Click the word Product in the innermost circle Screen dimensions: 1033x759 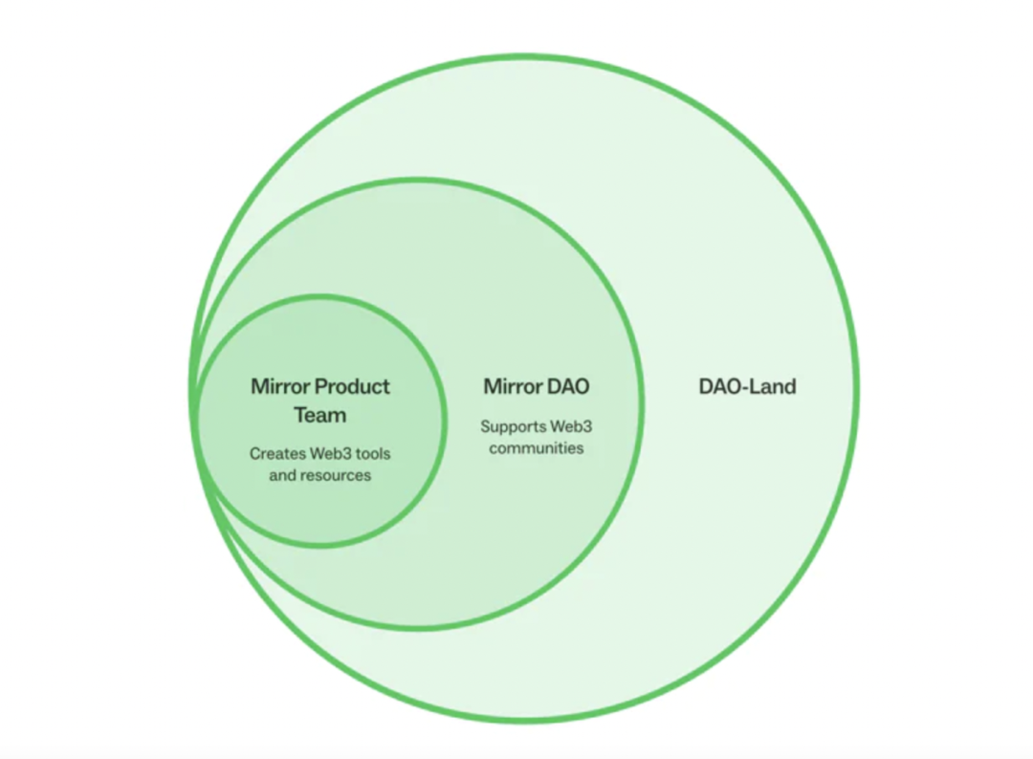pos(352,386)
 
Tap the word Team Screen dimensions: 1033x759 pos(320,416)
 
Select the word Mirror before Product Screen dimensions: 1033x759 pos(280,386)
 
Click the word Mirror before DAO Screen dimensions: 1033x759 pos(513,386)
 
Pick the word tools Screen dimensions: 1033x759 pos(373,453)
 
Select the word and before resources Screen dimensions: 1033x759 pos(282,475)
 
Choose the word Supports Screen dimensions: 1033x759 pos(514,427)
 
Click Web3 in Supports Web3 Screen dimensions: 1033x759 pos(571,426)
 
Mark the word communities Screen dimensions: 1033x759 pos(537,448)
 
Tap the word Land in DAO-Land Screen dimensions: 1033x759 pos(774,386)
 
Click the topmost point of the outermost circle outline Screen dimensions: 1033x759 pos(524,57)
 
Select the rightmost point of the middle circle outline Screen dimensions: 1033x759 pos(640,403)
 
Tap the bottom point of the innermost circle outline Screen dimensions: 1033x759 pos(320,545)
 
